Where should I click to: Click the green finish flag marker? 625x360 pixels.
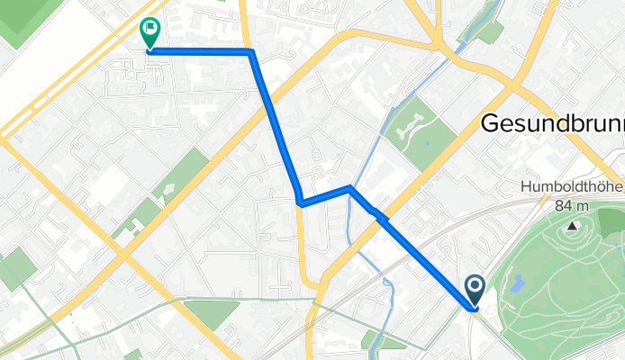149,31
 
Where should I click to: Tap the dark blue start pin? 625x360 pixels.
475,289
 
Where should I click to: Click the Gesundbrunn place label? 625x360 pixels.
552,124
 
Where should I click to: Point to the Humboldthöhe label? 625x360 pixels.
572,189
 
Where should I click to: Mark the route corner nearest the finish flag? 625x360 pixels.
249,52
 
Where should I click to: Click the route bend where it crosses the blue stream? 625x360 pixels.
349,188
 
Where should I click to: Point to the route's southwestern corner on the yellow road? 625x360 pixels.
299,203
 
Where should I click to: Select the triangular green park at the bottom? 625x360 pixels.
211,314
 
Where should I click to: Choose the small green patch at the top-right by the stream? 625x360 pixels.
486,31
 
